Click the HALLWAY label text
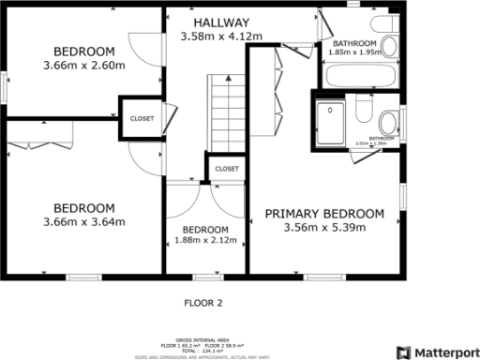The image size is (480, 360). [x=221, y=22]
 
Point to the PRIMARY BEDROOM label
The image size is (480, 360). [x=323, y=214]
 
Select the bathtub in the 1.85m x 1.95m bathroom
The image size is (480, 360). [x=360, y=73]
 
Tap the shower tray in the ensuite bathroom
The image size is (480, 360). [x=331, y=120]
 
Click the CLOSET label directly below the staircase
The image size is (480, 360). [x=227, y=168]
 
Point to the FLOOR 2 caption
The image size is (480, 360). [x=202, y=303]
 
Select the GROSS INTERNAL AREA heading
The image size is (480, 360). [x=202, y=339]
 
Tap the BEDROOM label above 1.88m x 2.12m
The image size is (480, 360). [x=205, y=230]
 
